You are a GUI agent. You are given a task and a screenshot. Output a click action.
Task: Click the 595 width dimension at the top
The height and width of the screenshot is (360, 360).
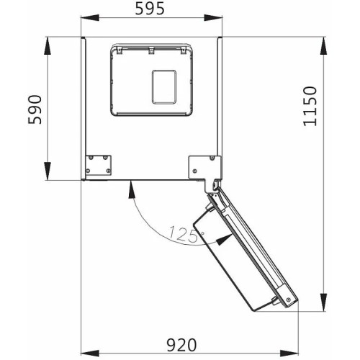[x=152, y=9]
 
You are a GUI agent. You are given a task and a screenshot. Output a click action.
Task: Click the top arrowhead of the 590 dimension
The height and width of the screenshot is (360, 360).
[x=48, y=42]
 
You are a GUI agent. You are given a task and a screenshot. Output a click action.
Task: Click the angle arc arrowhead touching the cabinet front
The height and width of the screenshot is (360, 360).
[x=131, y=186]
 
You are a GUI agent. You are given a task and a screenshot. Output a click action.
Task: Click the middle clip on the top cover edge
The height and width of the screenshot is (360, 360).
[x=152, y=50]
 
